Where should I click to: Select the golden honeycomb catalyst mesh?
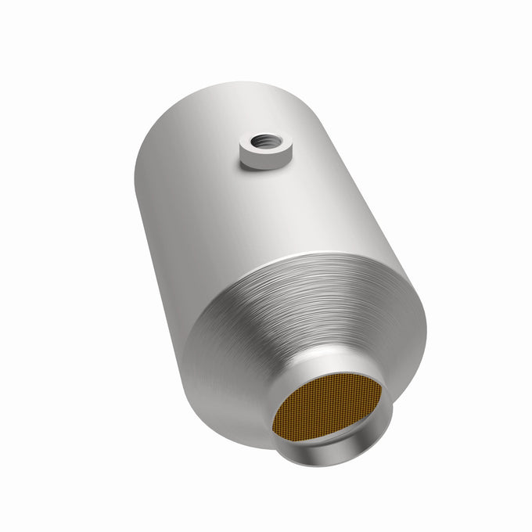pyautogui.click(x=327, y=408)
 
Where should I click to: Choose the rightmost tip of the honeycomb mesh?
pyautogui.click(x=382, y=387)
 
